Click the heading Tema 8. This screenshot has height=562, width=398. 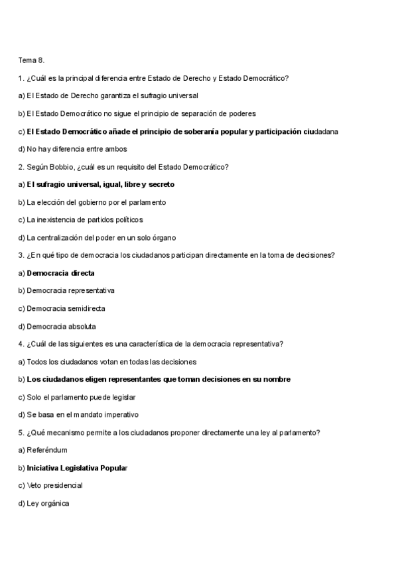coord(31,60)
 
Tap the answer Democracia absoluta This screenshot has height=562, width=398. coord(61,326)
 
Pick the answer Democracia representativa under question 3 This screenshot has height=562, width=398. coord(70,290)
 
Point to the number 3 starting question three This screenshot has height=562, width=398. coord(21,255)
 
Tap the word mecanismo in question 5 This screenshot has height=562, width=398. coord(65,433)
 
